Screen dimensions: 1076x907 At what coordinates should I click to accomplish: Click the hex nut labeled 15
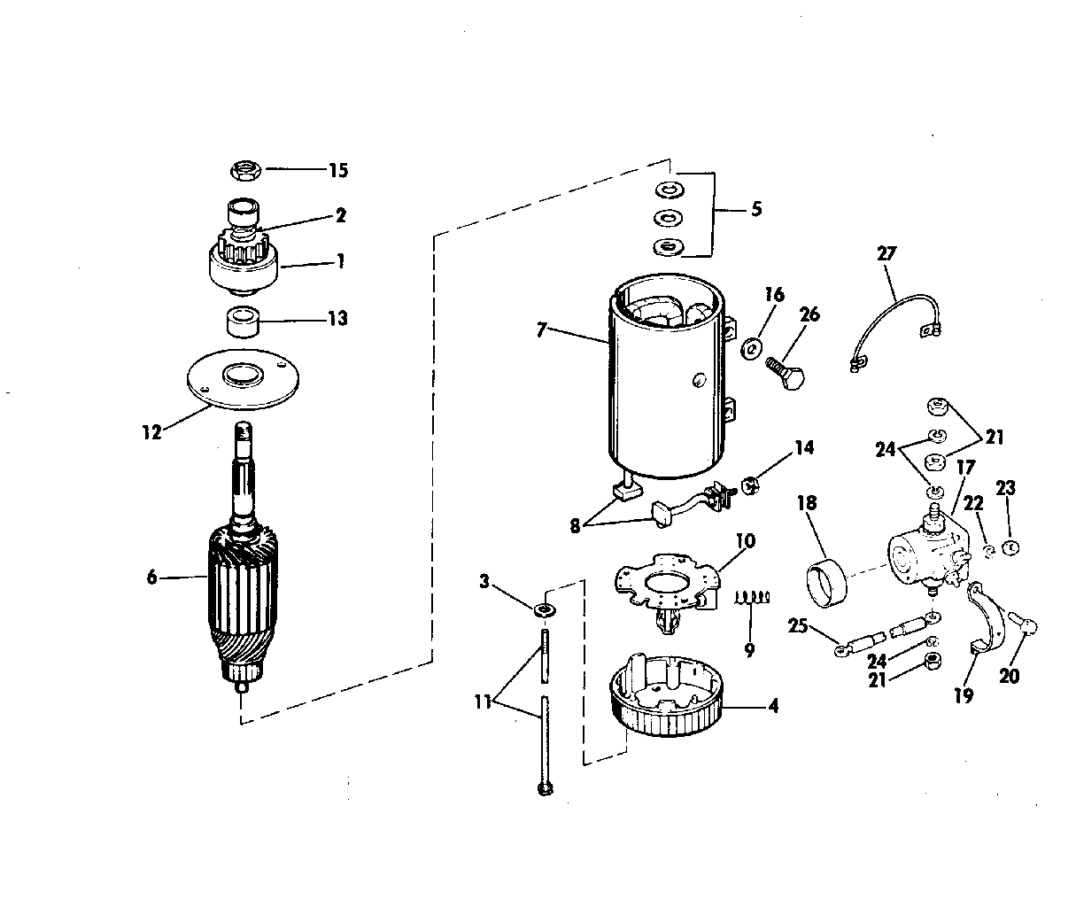244,170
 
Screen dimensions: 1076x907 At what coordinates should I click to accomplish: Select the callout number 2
341,215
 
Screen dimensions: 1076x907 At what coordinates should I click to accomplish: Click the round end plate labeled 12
243,379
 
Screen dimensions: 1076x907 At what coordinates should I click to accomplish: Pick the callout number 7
540,329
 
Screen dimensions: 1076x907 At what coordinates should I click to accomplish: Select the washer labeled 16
751,349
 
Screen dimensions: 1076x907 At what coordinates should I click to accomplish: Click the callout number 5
756,209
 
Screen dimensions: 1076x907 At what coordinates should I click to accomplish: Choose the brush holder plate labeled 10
668,593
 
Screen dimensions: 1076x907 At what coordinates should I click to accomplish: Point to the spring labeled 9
752,597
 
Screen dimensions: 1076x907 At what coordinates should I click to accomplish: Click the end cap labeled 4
667,694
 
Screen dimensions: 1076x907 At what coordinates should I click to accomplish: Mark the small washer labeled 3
544,610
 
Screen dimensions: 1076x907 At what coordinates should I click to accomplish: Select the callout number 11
483,702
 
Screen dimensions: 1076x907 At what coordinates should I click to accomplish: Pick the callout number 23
1005,487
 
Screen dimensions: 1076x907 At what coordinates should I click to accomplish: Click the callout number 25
798,625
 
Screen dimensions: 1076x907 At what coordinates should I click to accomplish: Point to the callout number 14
804,448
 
